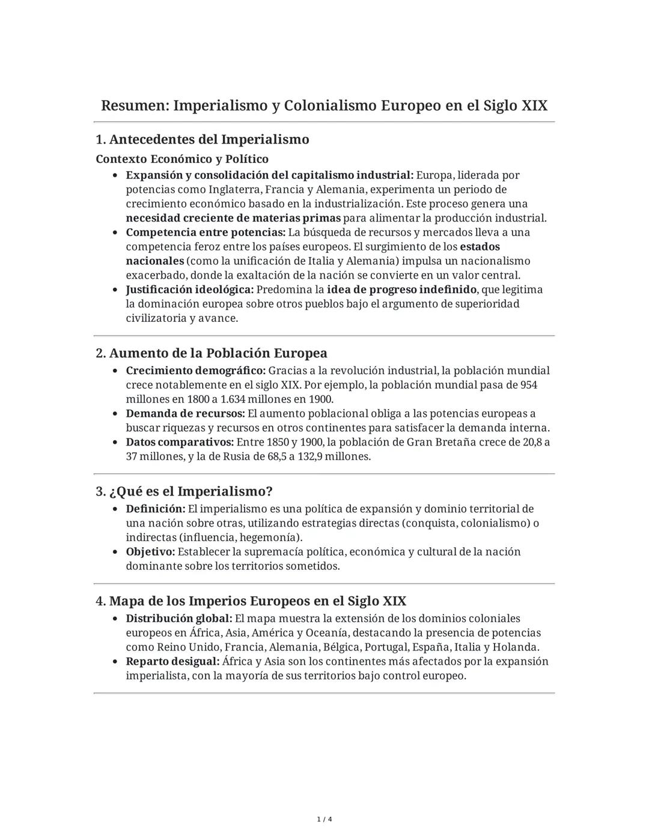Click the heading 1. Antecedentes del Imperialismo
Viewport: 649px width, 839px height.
click(x=203, y=139)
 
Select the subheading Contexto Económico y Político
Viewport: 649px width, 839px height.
click(x=182, y=159)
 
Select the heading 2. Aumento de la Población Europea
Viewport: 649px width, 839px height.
click(x=212, y=353)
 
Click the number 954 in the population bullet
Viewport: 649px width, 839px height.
click(x=529, y=385)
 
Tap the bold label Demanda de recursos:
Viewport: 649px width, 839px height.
click(x=185, y=414)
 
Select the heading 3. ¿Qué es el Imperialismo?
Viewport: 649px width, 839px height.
click(x=184, y=491)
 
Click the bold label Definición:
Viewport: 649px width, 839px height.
click(x=156, y=509)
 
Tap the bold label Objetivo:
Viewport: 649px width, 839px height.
click(x=150, y=552)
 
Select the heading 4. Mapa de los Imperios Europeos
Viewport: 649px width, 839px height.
click(x=251, y=601)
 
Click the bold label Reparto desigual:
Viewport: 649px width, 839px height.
click(x=172, y=662)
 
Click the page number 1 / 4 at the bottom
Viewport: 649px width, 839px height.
click(x=324, y=820)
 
